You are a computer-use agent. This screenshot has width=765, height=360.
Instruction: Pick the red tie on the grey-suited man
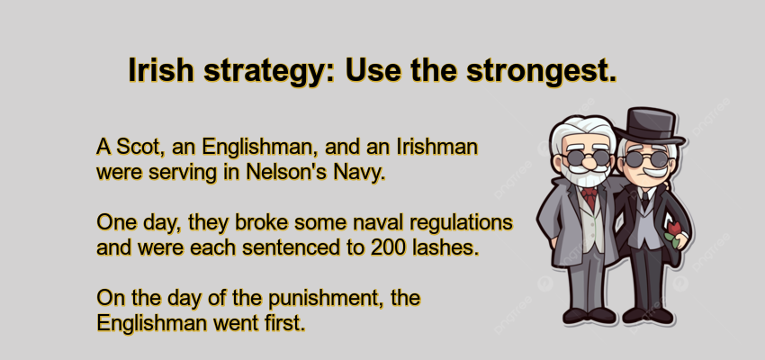coord(589,193)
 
